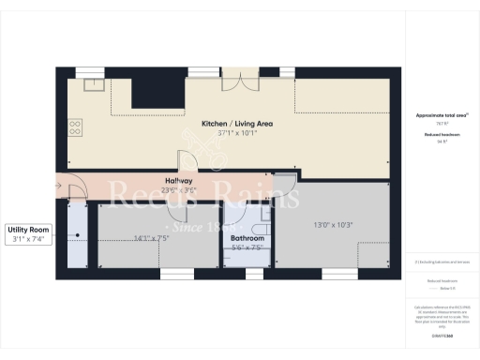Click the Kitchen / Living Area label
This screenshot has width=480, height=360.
pos(224,124)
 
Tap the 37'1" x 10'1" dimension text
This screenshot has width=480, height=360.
pos(224,133)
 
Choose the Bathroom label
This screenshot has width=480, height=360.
pos(247,239)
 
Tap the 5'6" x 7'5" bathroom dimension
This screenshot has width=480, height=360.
pos(247,248)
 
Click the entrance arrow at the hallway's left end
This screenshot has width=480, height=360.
pos(61,186)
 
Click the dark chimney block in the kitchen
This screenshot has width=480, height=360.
pos(148,93)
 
